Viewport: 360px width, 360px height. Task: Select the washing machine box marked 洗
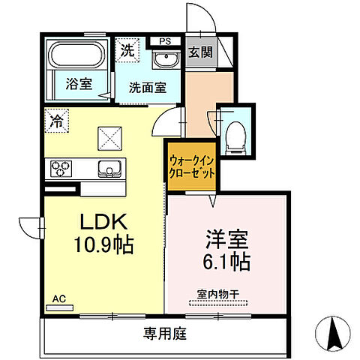click(126, 52)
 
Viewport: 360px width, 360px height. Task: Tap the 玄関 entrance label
click(199, 52)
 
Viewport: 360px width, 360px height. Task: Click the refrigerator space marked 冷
click(57, 119)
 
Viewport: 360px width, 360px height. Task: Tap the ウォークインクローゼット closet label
click(192, 166)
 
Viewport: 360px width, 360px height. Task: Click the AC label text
click(59, 298)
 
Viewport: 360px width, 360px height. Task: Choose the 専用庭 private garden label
click(164, 332)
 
